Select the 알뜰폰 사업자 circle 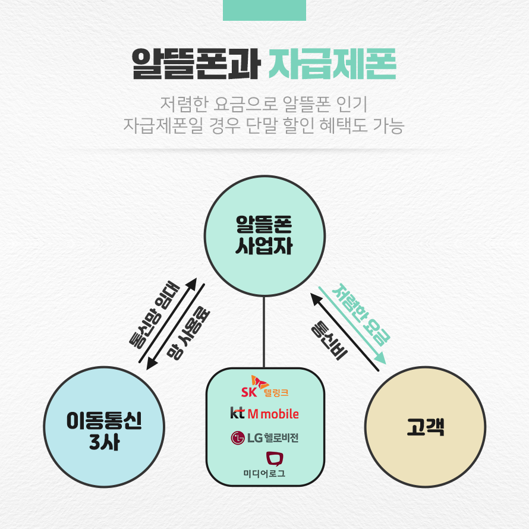(x=264, y=237)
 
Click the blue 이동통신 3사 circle (x=104, y=427)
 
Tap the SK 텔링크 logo (x=264, y=387)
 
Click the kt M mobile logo (x=264, y=413)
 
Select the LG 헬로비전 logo (x=264, y=439)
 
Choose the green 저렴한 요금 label (x=361, y=315)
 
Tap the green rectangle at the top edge (x=264, y=10)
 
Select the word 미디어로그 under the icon (x=264, y=474)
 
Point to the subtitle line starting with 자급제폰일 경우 (x=264, y=126)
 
